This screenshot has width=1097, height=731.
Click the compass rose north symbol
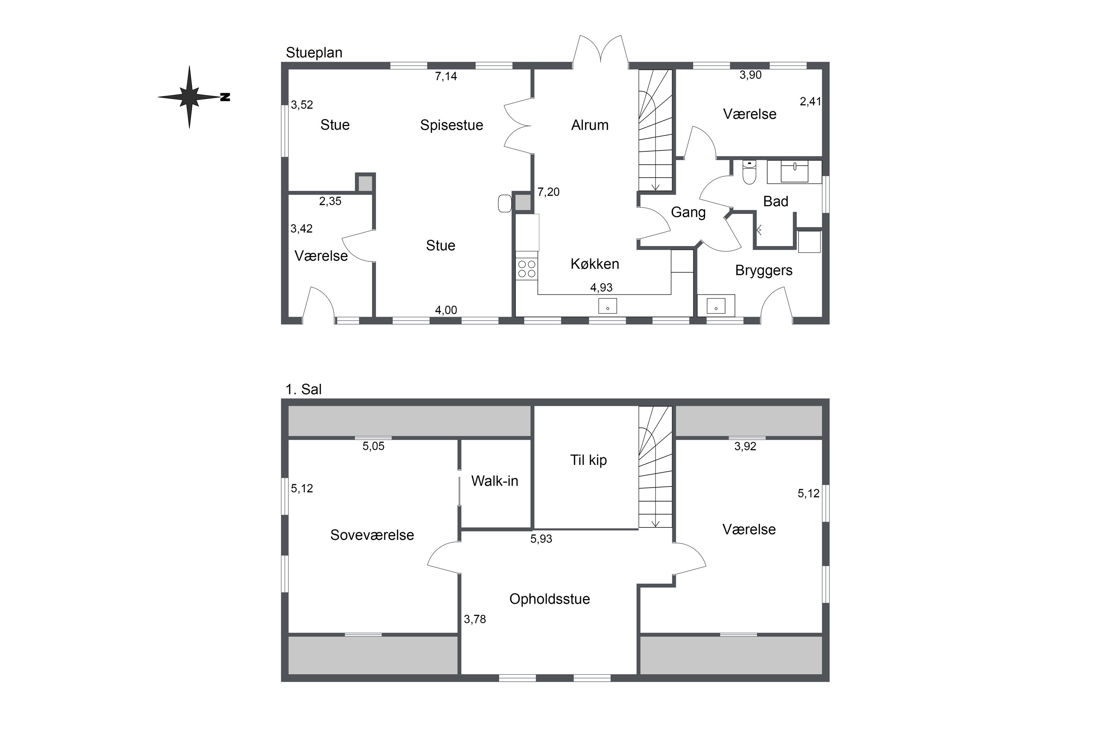(189, 97)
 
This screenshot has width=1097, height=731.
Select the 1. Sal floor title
(303, 389)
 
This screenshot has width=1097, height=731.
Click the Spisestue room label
(452, 125)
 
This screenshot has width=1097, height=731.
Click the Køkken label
(595, 264)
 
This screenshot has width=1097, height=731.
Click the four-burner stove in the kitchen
(527, 269)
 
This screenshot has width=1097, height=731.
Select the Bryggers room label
(764, 270)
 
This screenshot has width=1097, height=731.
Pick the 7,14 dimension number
(446, 76)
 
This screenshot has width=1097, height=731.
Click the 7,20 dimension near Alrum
(548, 192)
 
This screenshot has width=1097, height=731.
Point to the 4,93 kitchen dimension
(601, 288)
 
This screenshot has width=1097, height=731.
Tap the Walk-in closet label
(494, 481)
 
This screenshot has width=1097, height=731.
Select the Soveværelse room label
(372, 535)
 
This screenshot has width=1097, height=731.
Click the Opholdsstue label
(550, 599)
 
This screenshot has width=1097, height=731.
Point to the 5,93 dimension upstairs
(541, 539)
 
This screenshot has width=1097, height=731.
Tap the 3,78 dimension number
(475, 619)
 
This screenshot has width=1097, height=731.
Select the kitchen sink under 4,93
(607, 306)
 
